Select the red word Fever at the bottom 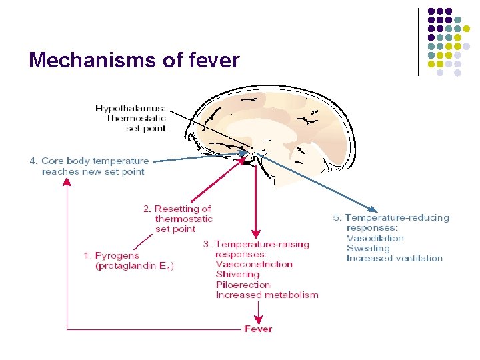click(x=258, y=329)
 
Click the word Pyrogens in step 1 click(x=117, y=255)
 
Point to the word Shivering click(x=237, y=275)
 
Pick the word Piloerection click(x=243, y=285)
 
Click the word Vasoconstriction click(x=254, y=265)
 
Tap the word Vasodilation click(x=375, y=238)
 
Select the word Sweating click(x=368, y=248)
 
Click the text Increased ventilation click(x=394, y=259)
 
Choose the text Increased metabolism click(x=267, y=295)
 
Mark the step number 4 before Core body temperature click(x=32, y=161)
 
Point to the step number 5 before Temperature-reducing click(x=336, y=218)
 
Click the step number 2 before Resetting click(x=147, y=209)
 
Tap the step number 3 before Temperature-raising click(x=206, y=244)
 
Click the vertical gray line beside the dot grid click(x=419, y=41)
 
